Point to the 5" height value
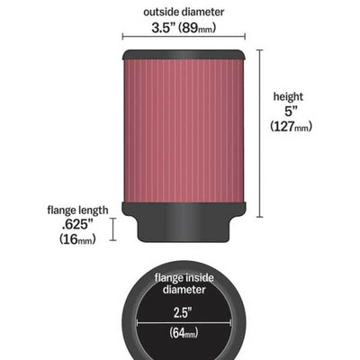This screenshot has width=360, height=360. [x=290, y=112]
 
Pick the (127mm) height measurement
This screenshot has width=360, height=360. [x=290, y=127]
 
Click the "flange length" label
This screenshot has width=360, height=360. [x=78, y=211]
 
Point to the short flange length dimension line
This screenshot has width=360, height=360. [x=112, y=229]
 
